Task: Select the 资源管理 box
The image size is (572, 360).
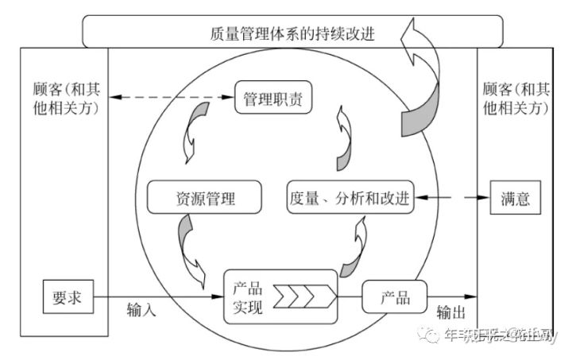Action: pos(203,198)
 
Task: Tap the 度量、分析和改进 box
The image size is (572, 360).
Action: pos(350,198)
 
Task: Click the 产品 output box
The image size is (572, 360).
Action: pos(395,297)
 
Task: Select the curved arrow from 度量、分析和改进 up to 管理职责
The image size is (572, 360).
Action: pos(343,140)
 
